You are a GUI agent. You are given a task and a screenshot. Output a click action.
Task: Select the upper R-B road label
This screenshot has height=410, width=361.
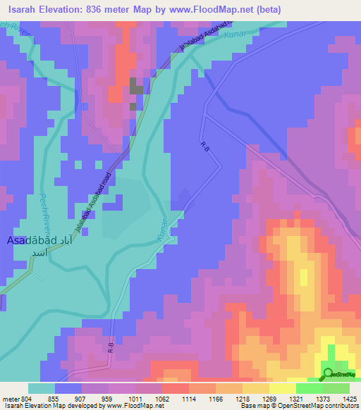[206, 146]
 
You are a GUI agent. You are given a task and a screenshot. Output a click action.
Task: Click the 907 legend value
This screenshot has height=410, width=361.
[80, 397]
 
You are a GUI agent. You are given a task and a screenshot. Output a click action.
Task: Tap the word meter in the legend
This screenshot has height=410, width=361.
[11, 397]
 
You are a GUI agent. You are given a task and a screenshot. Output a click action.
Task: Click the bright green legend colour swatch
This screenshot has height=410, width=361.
[310, 387]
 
